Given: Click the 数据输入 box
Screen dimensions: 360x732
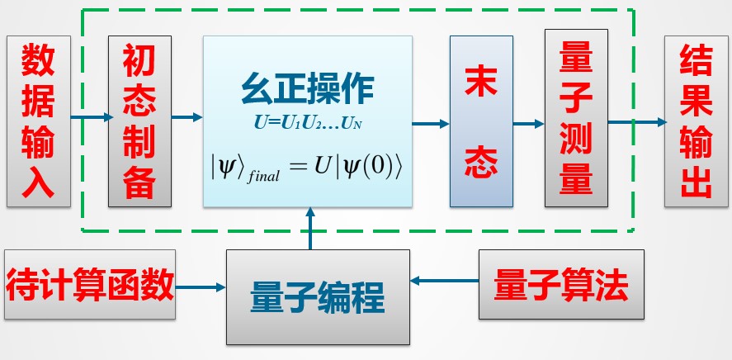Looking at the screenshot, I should [x=38, y=121].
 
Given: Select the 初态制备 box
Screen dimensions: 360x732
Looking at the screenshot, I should [x=139, y=121].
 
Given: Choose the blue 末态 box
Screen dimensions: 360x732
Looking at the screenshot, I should [x=481, y=121].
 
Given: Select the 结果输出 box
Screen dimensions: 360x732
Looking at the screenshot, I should [x=697, y=121].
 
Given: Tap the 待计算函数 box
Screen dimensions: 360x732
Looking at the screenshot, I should [x=90, y=285].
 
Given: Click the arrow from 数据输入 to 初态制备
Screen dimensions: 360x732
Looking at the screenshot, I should [x=89, y=118].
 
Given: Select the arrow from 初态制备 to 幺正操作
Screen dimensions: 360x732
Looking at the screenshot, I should [x=187, y=118].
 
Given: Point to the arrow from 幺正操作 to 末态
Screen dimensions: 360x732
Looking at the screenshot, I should [x=431, y=124].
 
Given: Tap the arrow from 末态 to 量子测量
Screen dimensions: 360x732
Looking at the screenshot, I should [x=528, y=124].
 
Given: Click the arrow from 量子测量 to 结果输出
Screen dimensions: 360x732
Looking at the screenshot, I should [x=636, y=122].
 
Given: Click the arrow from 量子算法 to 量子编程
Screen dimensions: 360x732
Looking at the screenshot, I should [x=445, y=282].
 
